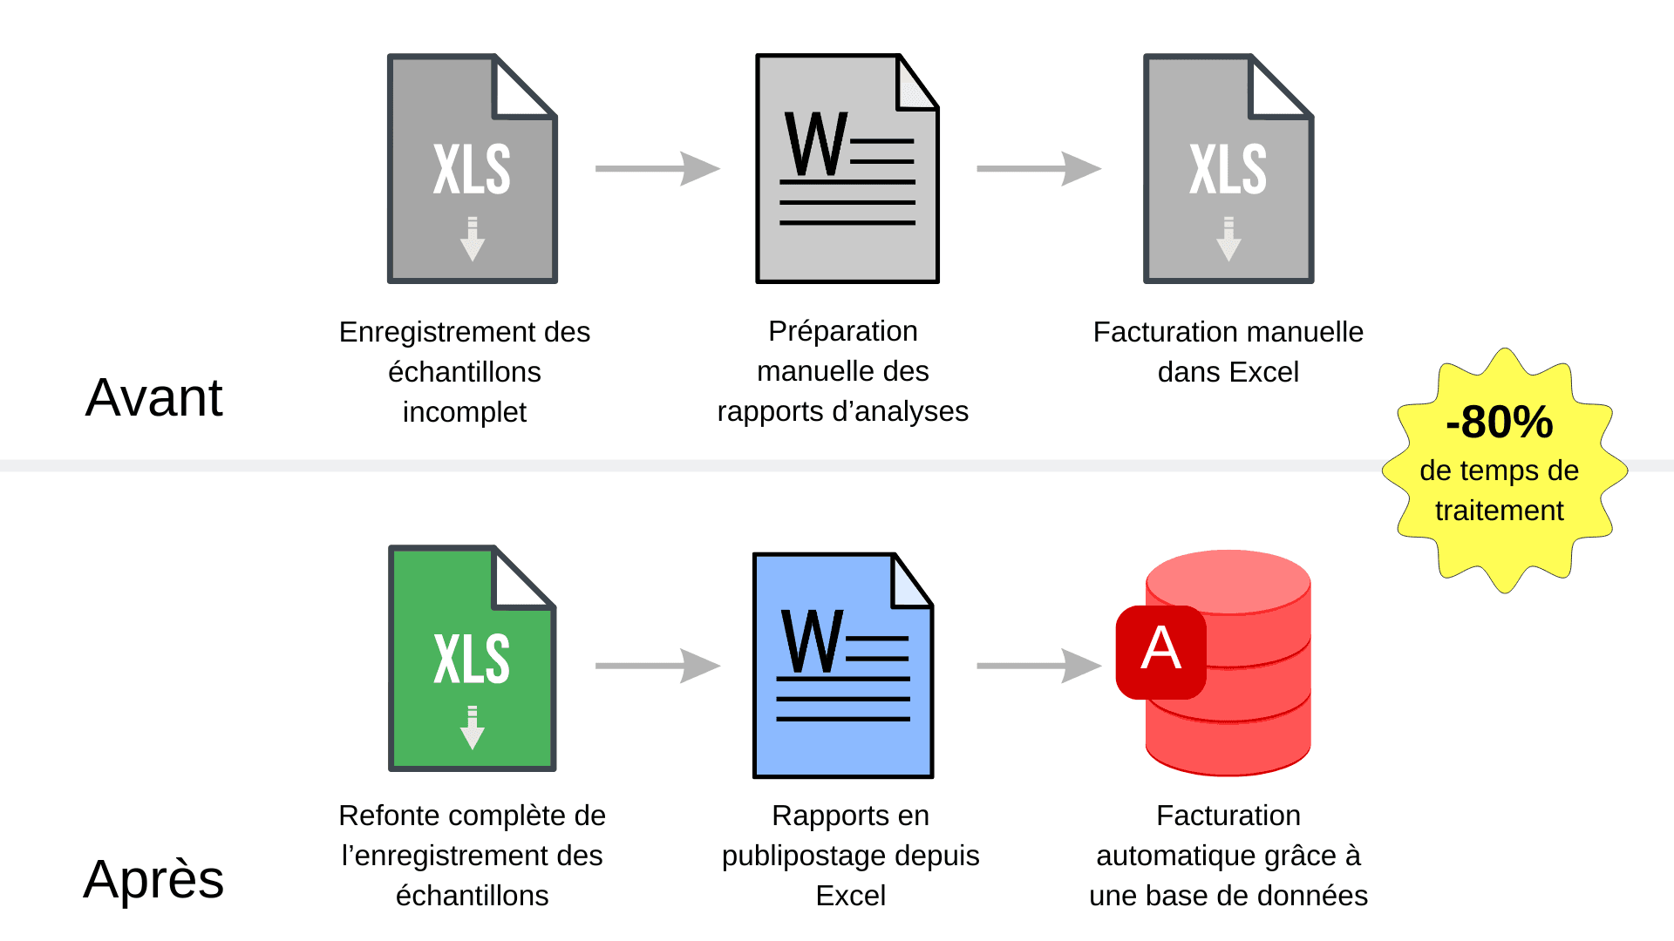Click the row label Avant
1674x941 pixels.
[x=153, y=398]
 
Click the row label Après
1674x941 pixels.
[x=153, y=878]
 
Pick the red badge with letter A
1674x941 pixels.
[x=1160, y=651]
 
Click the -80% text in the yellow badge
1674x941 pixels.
[x=1499, y=423]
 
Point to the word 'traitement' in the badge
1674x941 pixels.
[x=1499, y=511]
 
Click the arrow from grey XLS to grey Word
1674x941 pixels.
[x=657, y=169]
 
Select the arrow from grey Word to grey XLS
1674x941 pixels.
[x=1038, y=169]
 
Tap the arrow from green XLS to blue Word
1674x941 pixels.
[x=657, y=666]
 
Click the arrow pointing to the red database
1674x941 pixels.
[x=1038, y=666]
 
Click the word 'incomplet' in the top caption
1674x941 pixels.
[x=464, y=412]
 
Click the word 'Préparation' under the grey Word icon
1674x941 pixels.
[x=842, y=331]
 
